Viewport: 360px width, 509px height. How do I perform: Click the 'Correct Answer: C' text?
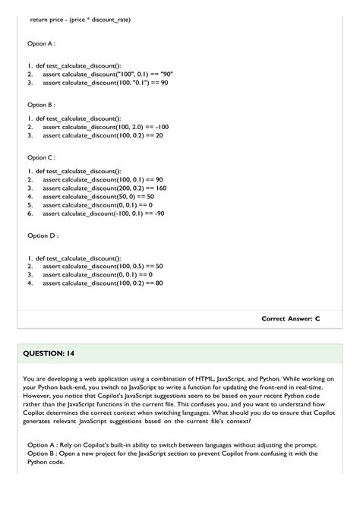click(290, 318)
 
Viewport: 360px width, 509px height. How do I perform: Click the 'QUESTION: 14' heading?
click(48, 354)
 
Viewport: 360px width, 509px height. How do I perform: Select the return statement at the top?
click(80, 19)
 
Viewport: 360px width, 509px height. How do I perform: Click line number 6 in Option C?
click(29, 213)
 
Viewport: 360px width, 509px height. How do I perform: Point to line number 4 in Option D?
click(29, 283)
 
